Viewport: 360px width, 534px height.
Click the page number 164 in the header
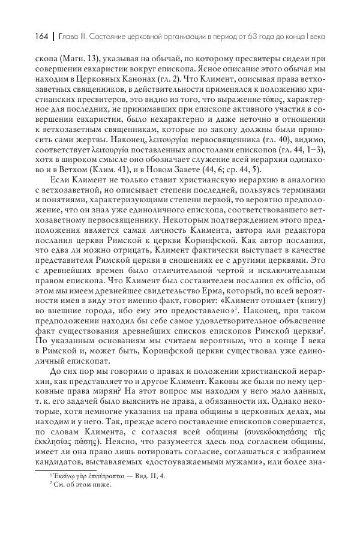coord(28,37)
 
